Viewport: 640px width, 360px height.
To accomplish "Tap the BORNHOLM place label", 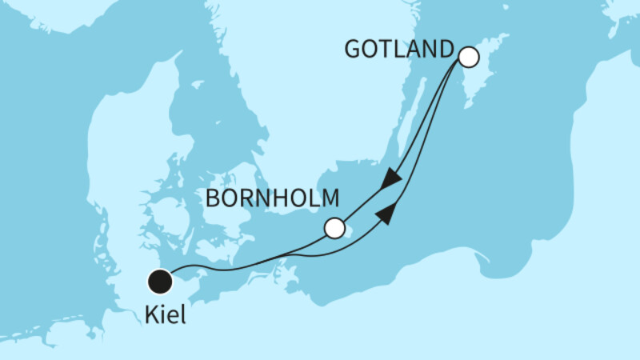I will tap(274, 198).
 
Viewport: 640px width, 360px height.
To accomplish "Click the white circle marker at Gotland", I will tap(467, 58).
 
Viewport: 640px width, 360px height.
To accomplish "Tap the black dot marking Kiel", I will tap(161, 282).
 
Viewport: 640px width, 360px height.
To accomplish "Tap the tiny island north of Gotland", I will tap(502, 37).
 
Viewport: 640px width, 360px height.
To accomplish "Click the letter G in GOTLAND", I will tap(353, 50).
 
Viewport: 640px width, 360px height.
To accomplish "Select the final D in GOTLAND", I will tap(445, 50).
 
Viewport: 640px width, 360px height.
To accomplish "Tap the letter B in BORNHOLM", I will tap(214, 198).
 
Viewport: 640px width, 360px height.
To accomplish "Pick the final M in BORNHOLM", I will tap(330, 198).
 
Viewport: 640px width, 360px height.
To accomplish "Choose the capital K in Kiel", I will tap(152, 315).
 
